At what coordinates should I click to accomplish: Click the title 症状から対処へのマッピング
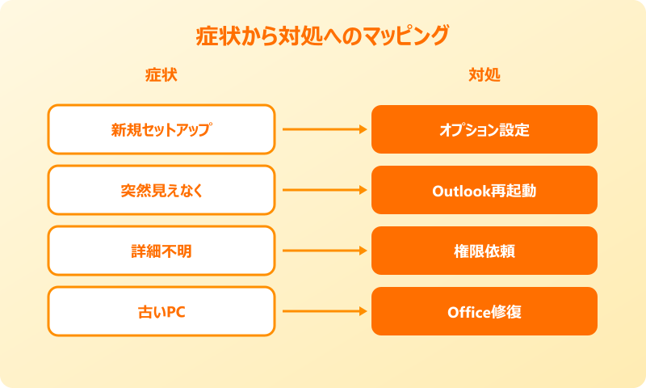323,36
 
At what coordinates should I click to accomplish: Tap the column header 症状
161,75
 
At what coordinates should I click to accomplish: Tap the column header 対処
484,75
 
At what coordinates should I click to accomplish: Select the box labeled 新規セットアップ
161,129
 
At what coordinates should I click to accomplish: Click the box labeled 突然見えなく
161,190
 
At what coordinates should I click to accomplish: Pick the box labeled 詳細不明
161,251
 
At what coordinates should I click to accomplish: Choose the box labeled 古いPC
161,311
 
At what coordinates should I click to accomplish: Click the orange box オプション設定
484,129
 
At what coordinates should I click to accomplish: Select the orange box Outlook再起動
484,190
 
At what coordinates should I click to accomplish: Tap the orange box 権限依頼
484,251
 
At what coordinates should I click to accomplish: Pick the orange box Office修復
484,311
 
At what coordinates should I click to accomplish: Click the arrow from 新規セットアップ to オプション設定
323,129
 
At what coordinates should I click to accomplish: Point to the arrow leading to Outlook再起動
323,190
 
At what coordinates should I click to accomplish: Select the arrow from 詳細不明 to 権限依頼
323,251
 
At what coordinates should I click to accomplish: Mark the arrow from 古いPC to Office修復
323,311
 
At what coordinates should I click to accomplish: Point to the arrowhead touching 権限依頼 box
363,251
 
